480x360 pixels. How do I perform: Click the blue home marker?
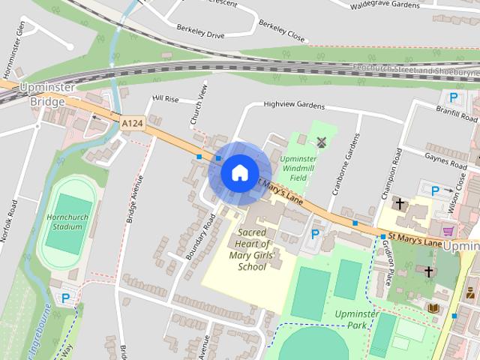pos(238,172)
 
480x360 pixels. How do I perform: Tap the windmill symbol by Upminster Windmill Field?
pos(322,141)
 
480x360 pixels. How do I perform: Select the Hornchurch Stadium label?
pos(63,221)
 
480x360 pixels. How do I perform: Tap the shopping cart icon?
pos(448,231)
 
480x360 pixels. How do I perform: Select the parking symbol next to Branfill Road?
pos(453,97)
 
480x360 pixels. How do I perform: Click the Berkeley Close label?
pos(281,30)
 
